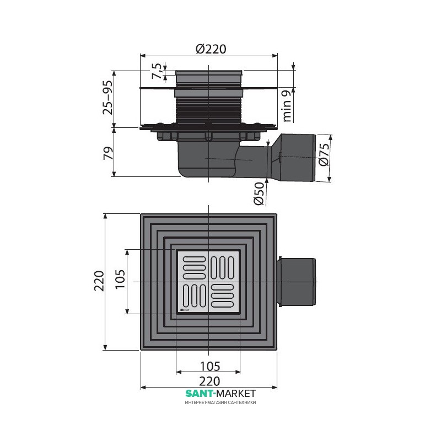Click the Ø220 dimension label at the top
coord(211,49)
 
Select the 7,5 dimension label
coord(157,71)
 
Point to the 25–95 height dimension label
coord(107,98)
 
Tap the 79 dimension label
coord(108,153)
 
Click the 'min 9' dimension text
coord(286,106)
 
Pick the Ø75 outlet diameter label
coord(324,154)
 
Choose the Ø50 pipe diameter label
coord(259,193)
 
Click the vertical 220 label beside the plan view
coord(99,281)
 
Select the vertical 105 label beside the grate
coord(120,279)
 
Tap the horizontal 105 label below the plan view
coord(210,367)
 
